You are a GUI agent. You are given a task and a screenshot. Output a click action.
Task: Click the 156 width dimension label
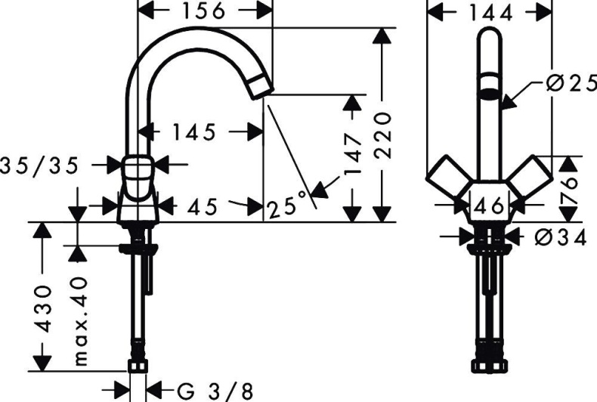pyautogui.click(x=205, y=11)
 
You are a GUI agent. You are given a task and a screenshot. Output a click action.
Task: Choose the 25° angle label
pyautogui.click(x=289, y=204)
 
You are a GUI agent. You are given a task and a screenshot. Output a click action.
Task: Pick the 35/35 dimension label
pyautogui.click(x=39, y=165)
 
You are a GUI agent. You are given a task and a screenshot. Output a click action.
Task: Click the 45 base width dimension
pyautogui.click(x=202, y=206)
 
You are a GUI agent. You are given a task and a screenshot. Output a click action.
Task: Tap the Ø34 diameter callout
pyautogui.click(x=560, y=237)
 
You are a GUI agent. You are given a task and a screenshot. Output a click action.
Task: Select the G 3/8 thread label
pyautogui.click(x=215, y=390)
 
